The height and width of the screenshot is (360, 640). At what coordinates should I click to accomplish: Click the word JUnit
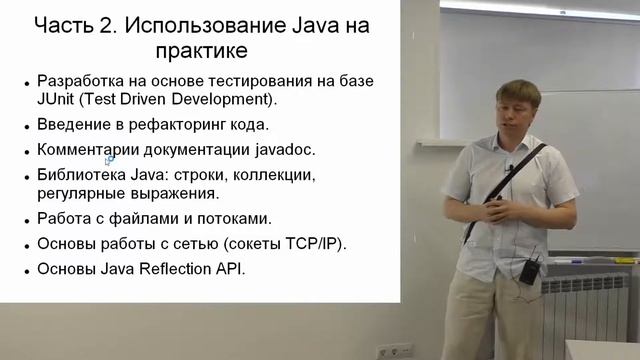58,100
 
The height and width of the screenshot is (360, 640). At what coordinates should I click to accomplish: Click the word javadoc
283,150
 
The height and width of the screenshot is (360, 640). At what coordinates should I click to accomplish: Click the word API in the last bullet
230,269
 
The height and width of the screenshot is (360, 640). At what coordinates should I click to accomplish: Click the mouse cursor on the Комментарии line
110,159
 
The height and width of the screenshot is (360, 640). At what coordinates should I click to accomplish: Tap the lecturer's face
518,113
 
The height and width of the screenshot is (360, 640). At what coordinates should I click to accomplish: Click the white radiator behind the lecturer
591,310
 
